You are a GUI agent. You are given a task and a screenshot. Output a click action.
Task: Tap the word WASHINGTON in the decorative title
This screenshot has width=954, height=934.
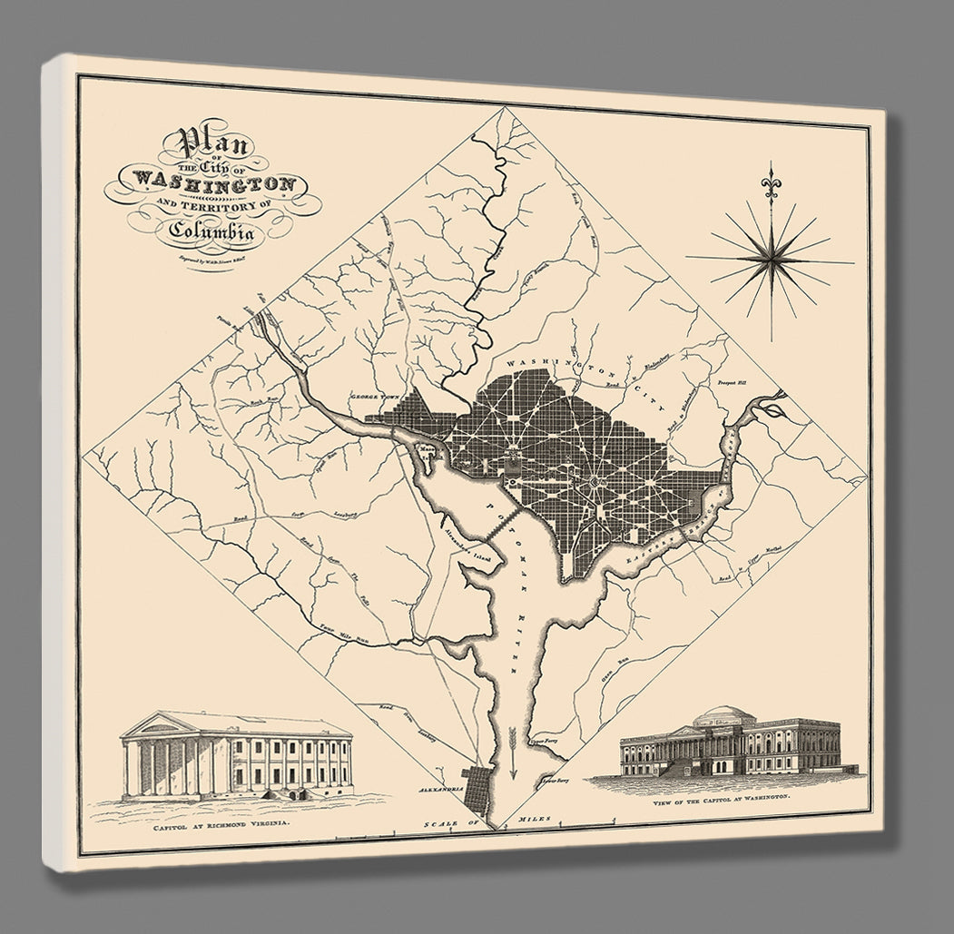(x=214, y=181)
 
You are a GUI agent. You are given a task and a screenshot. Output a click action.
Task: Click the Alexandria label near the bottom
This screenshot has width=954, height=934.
(x=441, y=789)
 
